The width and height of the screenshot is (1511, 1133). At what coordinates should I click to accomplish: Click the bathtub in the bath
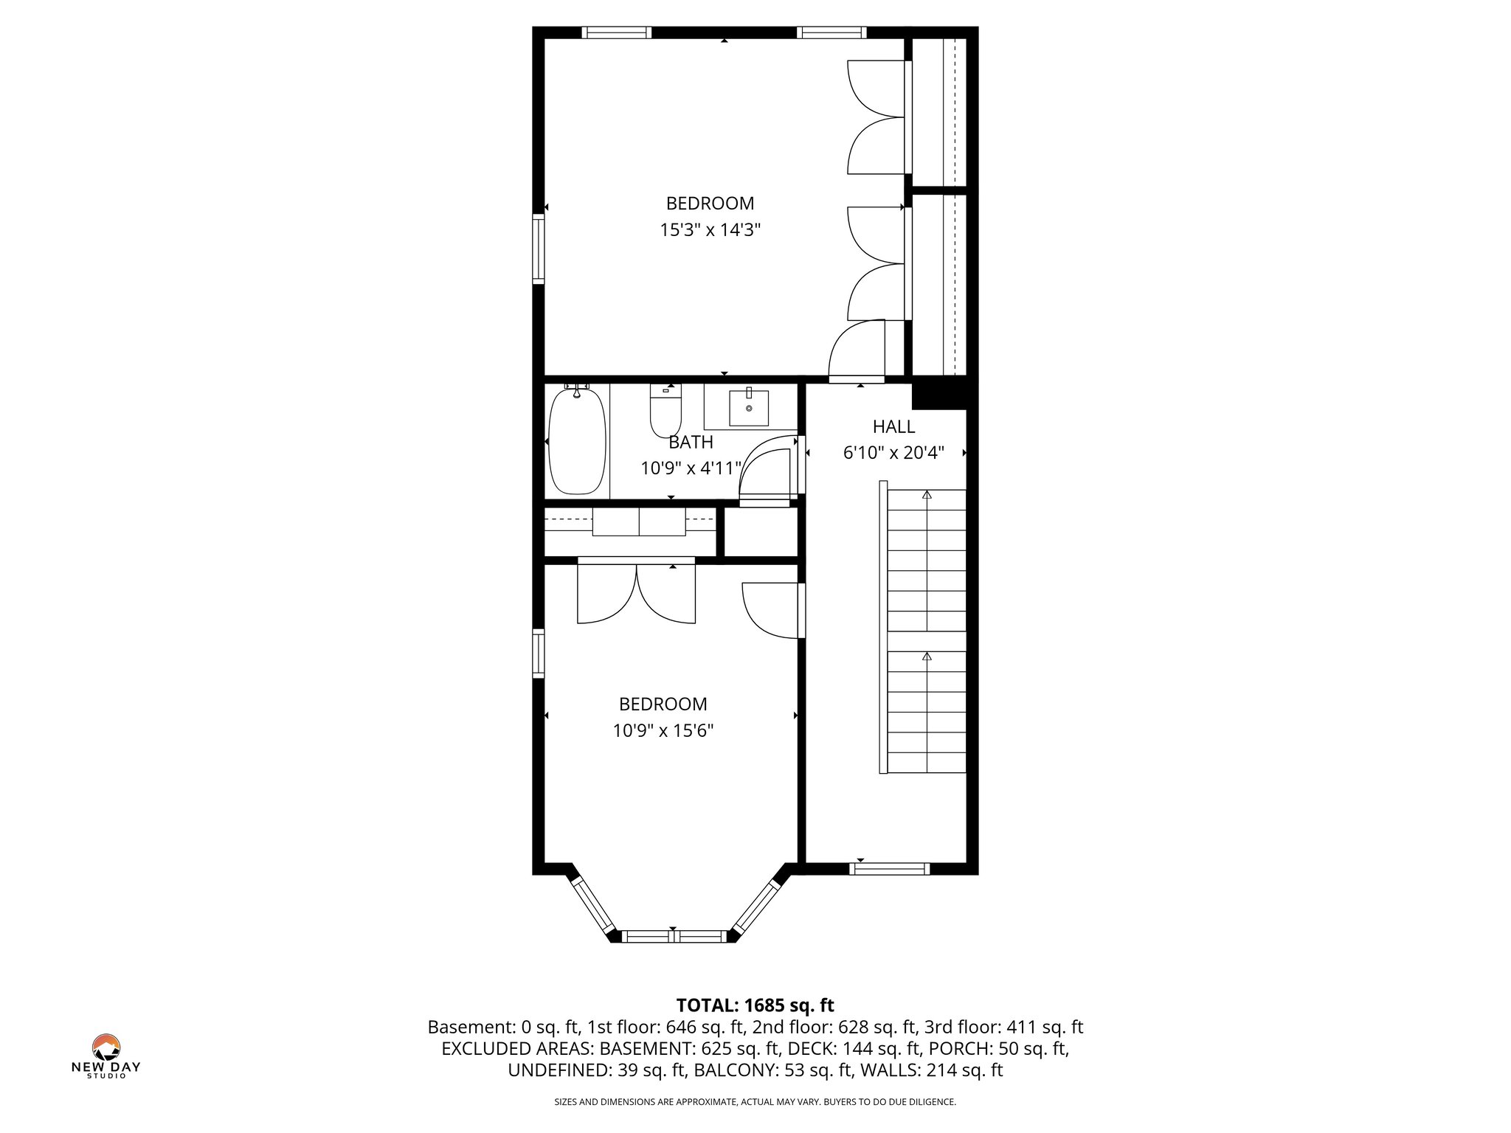(x=578, y=442)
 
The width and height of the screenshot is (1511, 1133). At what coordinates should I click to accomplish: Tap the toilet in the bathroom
(x=665, y=414)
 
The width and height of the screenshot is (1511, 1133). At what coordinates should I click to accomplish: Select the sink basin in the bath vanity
(x=749, y=408)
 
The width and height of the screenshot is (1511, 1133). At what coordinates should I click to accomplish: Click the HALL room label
(x=893, y=426)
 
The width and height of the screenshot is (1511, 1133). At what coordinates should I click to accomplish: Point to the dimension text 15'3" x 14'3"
(x=710, y=230)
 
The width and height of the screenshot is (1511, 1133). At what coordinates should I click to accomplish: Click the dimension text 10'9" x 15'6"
(x=663, y=731)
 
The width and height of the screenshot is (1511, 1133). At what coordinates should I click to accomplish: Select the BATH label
(x=691, y=442)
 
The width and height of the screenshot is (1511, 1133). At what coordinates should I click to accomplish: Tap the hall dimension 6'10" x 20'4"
(x=893, y=453)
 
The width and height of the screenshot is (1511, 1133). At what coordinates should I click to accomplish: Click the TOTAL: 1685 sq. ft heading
(x=755, y=1005)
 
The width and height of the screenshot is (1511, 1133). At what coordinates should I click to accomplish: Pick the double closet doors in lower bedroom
(x=636, y=592)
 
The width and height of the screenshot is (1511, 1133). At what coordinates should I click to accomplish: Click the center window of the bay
(x=673, y=937)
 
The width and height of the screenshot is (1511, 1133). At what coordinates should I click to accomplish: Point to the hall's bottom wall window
(x=889, y=869)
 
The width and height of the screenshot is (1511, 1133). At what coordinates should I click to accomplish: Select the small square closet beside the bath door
(x=760, y=532)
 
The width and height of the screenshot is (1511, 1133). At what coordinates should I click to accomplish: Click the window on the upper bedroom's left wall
(x=539, y=249)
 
